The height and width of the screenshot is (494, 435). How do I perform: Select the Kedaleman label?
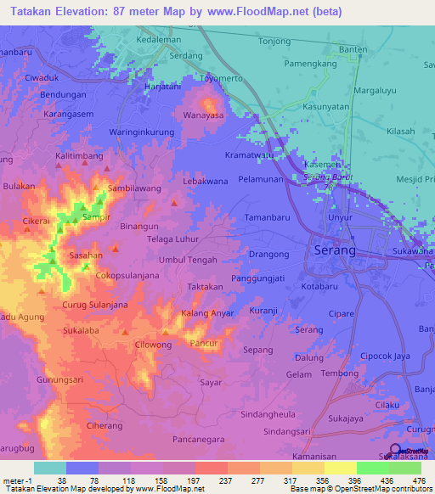pos(160,40)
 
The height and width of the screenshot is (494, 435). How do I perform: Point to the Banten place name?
pos(353,48)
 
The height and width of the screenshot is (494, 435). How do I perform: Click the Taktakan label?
pos(205,288)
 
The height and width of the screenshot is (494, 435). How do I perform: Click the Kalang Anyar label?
pos(207,314)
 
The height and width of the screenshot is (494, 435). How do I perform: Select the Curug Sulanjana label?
pos(95,305)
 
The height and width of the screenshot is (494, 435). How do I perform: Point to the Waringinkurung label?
pos(142,132)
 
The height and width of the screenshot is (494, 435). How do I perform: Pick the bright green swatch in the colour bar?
pos(372,468)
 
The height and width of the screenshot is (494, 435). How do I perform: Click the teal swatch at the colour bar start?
pos(50,468)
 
